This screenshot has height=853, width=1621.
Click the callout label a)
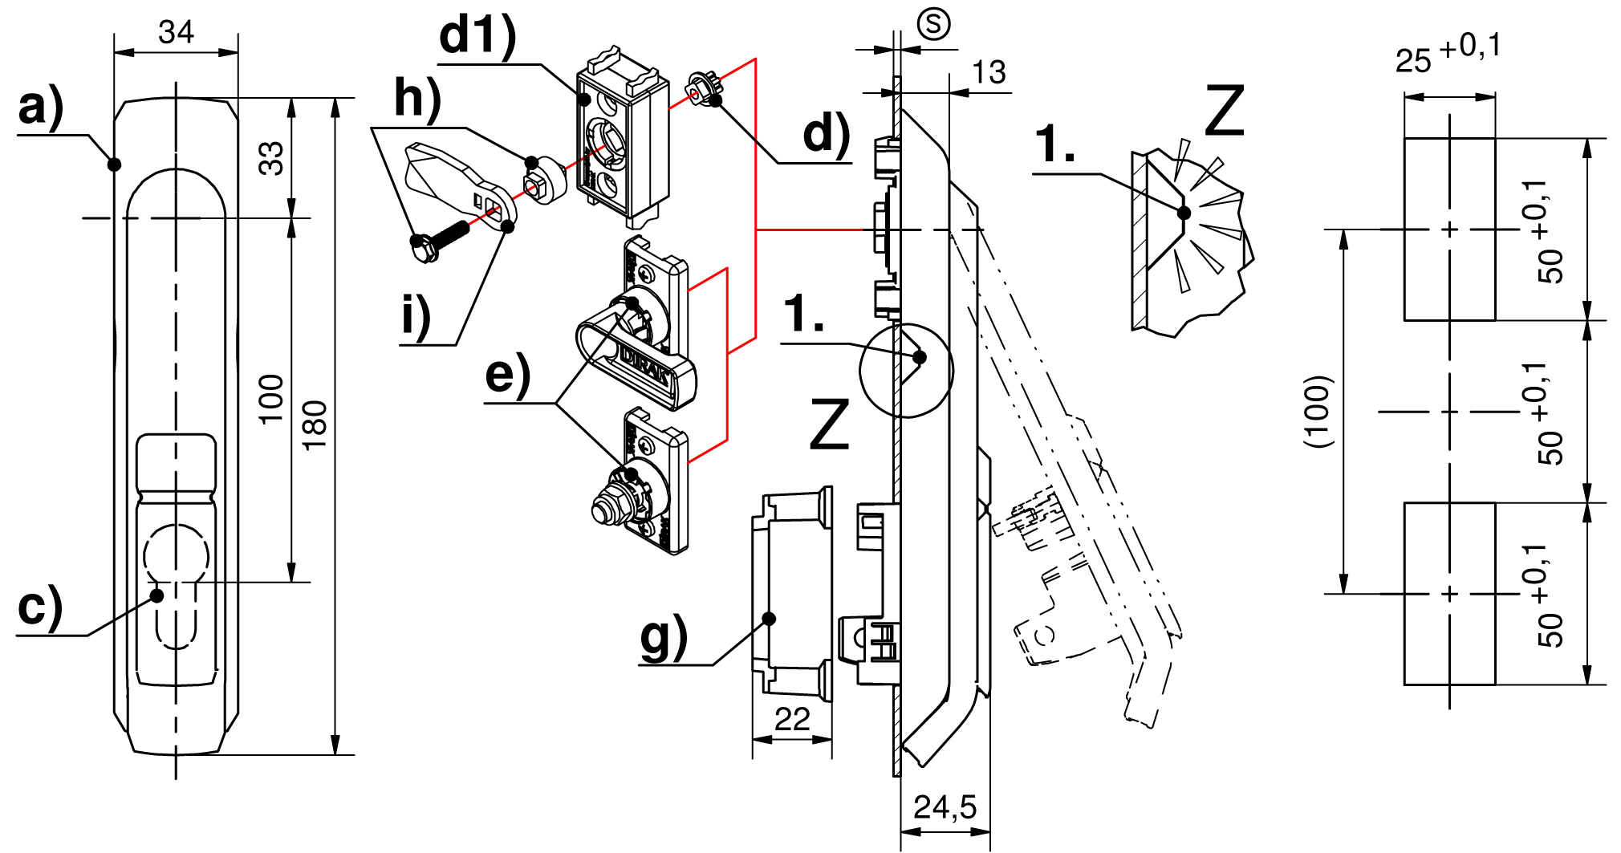40,108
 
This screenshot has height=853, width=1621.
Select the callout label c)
39,607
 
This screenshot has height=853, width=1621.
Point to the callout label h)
417,100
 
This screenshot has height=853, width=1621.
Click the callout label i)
416,315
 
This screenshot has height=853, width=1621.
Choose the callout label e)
507,374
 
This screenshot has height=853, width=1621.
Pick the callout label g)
664,637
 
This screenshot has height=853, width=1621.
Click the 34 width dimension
176,33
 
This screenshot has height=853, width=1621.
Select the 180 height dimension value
315,424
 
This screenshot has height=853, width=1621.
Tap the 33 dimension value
271,158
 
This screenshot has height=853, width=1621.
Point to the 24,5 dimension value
945,807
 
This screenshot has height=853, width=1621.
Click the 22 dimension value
791,719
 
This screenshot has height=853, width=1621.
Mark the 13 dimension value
989,73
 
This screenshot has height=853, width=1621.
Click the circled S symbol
933,24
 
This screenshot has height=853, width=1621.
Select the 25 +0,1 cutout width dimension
1448,55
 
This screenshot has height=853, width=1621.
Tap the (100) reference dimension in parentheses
1318,411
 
